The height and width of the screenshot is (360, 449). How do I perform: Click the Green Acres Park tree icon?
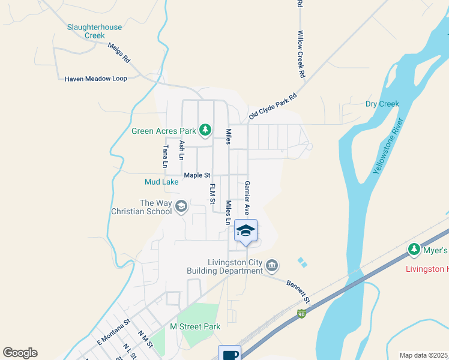pyautogui.click(x=205, y=130)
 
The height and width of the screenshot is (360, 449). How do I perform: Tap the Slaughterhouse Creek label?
pyautogui.click(x=94, y=31)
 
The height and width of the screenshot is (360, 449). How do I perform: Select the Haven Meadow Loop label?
pyautogui.click(x=96, y=79)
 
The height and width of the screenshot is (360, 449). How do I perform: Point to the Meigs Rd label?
pyautogui.click(x=119, y=53)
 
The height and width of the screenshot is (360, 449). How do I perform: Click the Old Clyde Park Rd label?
pyautogui.click(x=273, y=106)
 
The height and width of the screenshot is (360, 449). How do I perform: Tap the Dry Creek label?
pyautogui.click(x=382, y=104)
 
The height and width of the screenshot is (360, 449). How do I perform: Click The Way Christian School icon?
pyautogui.click(x=181, y=208)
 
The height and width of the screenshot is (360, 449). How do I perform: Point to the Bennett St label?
pyautogui.click(x=298, y=291)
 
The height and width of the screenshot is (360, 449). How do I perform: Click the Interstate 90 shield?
pyautogui.click(x=301, y=314)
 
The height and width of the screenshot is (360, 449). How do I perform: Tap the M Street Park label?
pyautogui.click(x=195, y=326)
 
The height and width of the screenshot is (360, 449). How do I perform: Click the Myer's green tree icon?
pyautogui.click(x=414, y=249)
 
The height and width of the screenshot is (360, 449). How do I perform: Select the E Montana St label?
pyautogui.click(x=113, y=332)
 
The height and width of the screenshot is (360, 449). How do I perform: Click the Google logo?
pyautogui.click(x=20, y=353)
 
